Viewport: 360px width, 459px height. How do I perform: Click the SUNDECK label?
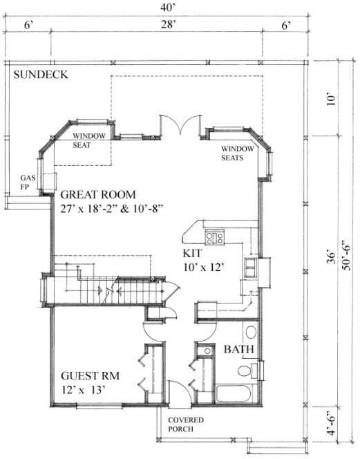click(x=39, y=75)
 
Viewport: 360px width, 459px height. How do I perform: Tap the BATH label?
click(x=236, y=350)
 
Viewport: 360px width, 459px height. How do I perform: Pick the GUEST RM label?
click(x=91, y=376)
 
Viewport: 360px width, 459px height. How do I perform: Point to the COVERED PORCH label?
click(x=185, y=424)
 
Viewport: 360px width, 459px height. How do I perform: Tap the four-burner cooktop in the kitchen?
click(x=216, y=238)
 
